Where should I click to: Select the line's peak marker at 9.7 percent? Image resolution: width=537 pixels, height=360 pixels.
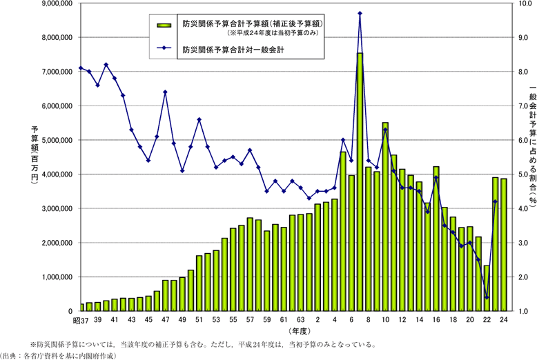click(x=360, y=13)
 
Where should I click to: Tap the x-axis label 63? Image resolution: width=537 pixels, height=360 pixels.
click(x=300, y=320)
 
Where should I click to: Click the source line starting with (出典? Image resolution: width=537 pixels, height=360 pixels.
click(x=69, y=354)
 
